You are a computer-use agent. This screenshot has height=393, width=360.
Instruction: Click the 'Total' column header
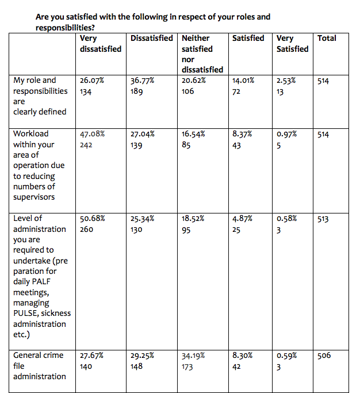click(x=327, y=38)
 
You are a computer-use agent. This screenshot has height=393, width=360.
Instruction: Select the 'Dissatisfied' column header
click(x=152, y=38)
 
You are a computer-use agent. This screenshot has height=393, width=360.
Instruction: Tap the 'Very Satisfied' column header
click(x=292, y=43)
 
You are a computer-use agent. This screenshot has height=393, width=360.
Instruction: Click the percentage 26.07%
click(x=91, y=81)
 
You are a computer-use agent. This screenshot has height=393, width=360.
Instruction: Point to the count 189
click(x=137, y=91)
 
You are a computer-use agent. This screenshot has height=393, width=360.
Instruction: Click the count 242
click(x=86, y=144)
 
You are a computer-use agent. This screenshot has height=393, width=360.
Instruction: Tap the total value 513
click(x=323, y=219)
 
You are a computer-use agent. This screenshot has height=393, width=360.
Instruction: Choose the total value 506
click(x=324, y=356)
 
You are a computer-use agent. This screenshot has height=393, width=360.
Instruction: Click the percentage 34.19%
click(x=193, y=356)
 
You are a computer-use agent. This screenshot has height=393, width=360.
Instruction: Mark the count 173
click(x=188, y=367)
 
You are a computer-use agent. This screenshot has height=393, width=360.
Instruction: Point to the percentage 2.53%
click(x=286, y=81)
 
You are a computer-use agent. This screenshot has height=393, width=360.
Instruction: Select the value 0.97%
click(x=286, y=133)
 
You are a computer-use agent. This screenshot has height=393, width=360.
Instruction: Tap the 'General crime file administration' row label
click(x=39, y=366)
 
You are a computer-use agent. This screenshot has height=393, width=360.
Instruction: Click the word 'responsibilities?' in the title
click(x=65, y=27)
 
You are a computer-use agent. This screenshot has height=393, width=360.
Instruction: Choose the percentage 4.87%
click(x=242, y=218)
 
